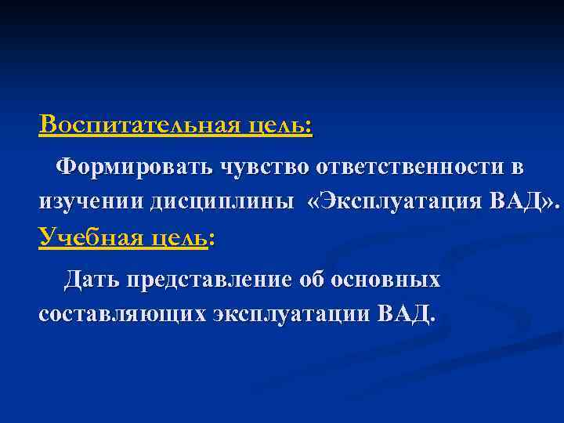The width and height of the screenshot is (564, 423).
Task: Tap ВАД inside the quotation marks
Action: point(518,201)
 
